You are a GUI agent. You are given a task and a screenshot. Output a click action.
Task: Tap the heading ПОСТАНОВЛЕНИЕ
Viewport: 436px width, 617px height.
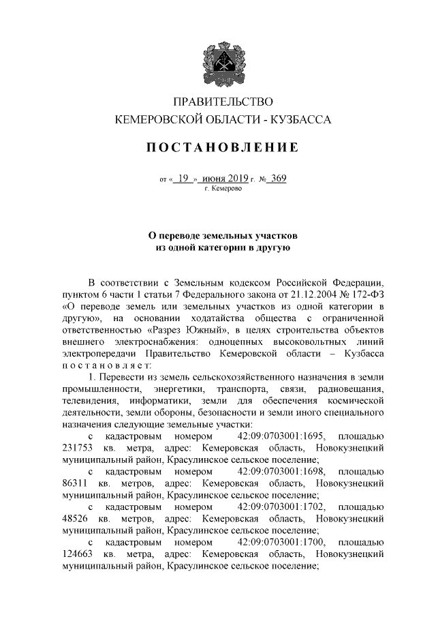(x=223, y=148)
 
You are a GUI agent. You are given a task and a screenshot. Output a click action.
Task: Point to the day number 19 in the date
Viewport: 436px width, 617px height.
(x=182, y=179)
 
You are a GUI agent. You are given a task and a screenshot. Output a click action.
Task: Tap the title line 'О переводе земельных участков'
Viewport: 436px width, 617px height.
(x=223, y=235)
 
